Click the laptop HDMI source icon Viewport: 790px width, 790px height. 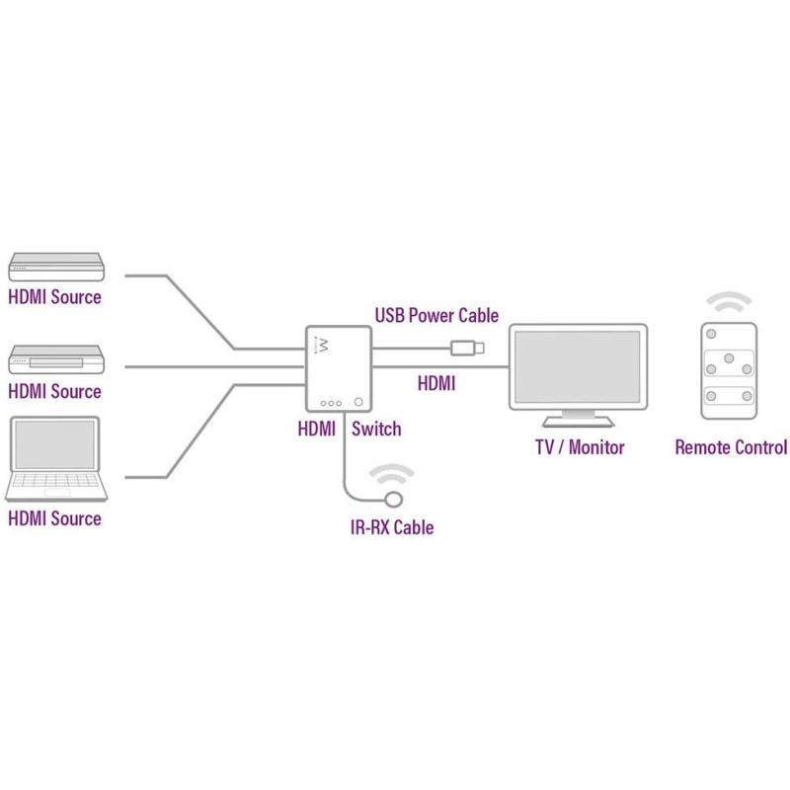pyautogui.click(x=55, y=459)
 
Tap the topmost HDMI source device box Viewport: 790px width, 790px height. pyautogui.click(x=55, y=265)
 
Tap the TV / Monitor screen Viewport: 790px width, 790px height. pyautogui.click(x=578, y=365)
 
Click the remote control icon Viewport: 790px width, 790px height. pyautogui.click(x=729, y=370)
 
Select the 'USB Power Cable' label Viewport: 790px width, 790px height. pyautogui.click(x=436, y=316)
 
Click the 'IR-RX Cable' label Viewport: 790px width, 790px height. pyautogui.click(x=392, y=527)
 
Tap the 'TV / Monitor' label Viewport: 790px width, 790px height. pyautogui.click(x=580, y=447)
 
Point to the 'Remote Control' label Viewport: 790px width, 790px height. pyautogui.click(x=731, y=447)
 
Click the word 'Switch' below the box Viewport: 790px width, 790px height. pyautogui.click(x=376, y=429)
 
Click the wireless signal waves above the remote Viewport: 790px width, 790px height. pyautogui.click(x=729, y=301)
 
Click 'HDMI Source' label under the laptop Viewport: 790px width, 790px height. pyautogui.click(x=54, y=518)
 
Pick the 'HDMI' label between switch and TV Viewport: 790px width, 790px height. pyautogui.click(x=436, y=383)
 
